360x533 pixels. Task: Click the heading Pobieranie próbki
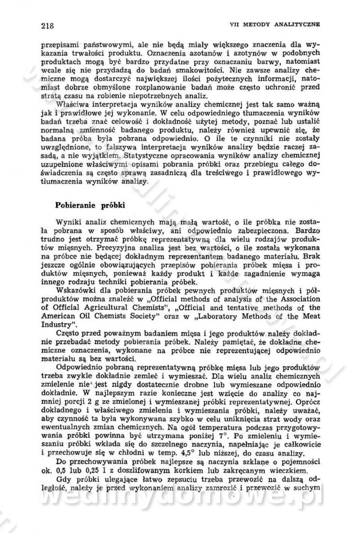click(x=90, y=205)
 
